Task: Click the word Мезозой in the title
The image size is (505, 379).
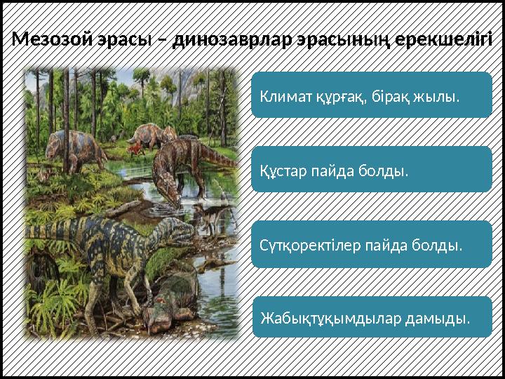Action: [46, 39]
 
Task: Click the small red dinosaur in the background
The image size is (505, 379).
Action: [134, 148]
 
